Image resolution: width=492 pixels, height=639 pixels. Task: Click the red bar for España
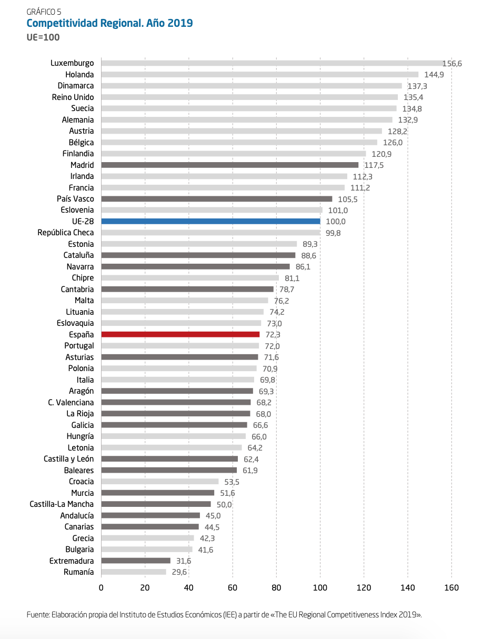180,335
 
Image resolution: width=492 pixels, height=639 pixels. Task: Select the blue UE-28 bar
210,222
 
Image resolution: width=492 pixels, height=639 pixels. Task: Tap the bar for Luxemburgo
274,63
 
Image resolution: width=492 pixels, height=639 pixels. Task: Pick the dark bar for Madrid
229,165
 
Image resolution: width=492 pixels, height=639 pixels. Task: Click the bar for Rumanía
134,572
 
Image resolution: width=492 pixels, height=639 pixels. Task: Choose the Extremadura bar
136,561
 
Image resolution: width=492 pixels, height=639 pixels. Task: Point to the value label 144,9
434,75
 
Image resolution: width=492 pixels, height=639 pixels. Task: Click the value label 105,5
348,199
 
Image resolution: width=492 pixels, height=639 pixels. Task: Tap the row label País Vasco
75,199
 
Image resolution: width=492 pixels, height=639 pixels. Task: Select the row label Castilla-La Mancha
62,504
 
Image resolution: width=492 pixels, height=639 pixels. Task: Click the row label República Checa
66,233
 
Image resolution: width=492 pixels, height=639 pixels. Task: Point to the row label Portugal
79,346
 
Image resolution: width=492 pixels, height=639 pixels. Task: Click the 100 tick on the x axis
320,588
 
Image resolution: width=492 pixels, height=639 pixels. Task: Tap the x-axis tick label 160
451,588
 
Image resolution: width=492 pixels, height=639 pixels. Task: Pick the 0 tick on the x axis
101,588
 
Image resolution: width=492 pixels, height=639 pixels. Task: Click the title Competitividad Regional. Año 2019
109,23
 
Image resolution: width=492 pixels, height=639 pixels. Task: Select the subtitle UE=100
43,37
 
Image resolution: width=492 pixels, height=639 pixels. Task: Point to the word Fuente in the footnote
38,614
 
